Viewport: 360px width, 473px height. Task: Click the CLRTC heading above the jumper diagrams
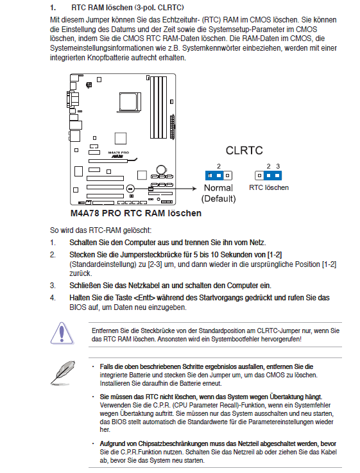pyautogui.click(x=244, y=150)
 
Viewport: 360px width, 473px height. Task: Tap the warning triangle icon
pyautogui.click(x=62, y=333)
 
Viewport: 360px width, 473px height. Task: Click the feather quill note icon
pyautogui.click(x=63, y=372)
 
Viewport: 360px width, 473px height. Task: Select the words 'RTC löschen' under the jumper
pyautogui.click(x=269, y=187)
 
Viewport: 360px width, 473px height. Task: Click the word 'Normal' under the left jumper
pyautogui.click(x=218, y=187)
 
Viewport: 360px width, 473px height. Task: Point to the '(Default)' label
pyautogui.click(x=218, y=198)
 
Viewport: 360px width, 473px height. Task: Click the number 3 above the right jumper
pyautogui.click(x=278, y=166)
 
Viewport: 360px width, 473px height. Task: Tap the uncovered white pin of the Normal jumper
pyautogui.click(x=228, y=175)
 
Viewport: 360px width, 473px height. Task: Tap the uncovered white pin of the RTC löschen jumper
pyautogui.click(x=259, y=175)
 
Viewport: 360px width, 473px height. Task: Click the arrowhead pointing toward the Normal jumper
pyautogui.click(x=194, y=189)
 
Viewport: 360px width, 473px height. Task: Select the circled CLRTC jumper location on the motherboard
pyautogui.click(x=130, y=189)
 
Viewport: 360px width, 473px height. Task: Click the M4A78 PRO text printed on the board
pyautogui.click(x=118, y=153)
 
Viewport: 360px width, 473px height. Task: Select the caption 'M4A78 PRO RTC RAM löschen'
pyautogui.click(x=136, y=213)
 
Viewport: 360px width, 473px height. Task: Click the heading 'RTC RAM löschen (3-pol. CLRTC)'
pyautogui.click(x=128, y=8)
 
